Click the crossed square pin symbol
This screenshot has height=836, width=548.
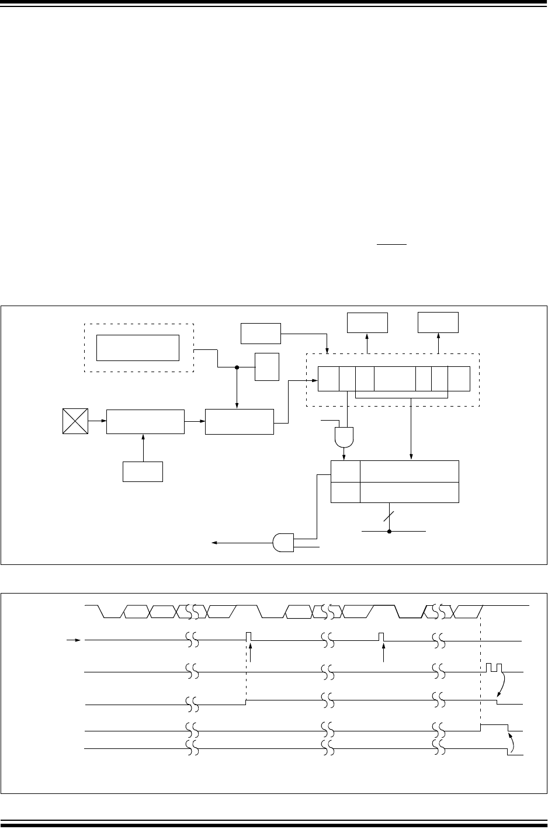[75, 421]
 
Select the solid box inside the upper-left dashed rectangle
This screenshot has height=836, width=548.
[137, 348]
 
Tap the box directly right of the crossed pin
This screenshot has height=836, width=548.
[145, 421]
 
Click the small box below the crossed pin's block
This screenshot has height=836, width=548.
[143, 471]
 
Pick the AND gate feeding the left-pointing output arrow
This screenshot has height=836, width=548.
[283, 543]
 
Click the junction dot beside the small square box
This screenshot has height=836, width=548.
[237, 367]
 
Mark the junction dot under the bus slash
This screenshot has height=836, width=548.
[389, 531]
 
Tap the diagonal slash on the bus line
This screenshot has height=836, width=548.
[389, 516]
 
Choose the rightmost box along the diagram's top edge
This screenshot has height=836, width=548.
[438, 323]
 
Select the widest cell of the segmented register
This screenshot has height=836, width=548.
[395, 379]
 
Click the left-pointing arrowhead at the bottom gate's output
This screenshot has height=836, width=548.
[215, 543]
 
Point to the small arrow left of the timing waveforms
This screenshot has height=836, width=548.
[74, 640]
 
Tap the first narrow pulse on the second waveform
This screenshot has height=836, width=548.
[249, 636]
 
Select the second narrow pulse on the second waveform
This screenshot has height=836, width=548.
[381, 636]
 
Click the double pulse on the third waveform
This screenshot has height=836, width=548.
[494, 668]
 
